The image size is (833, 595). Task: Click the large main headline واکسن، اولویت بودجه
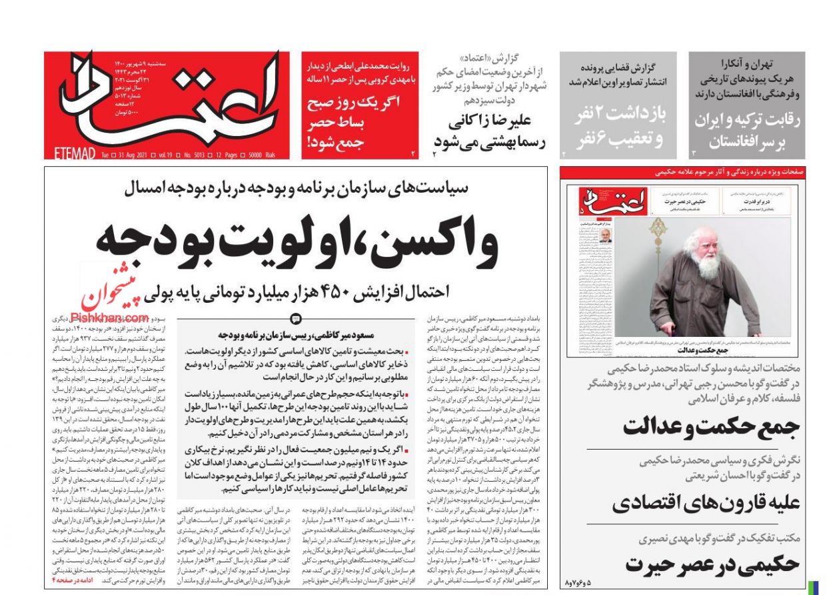(297, 242)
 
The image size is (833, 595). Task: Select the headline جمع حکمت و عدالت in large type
(711, 427)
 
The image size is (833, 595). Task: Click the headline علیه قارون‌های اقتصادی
(706, 503)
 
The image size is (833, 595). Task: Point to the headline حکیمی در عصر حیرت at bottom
(712, 564)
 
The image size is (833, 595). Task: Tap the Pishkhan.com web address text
(100, 318)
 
